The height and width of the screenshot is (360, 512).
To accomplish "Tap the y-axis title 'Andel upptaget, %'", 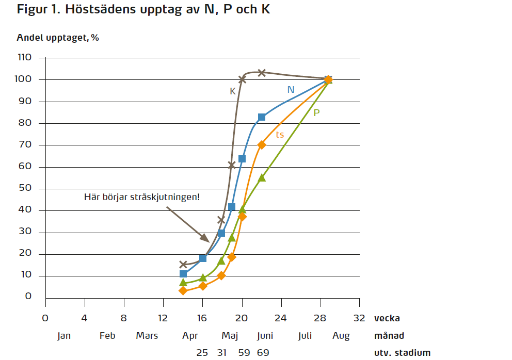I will (58, 38).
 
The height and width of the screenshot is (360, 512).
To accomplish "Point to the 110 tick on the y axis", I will (24, 58).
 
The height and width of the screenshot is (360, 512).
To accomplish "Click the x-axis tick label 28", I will (321, 317).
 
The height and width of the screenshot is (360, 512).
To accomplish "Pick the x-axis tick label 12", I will (163, 317).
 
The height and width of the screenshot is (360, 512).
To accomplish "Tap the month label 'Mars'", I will (147, 336).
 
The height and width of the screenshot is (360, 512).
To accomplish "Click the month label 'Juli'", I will (305, 336).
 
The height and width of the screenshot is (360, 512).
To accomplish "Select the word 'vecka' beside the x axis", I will (387, 318).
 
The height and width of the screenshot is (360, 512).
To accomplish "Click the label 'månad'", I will (389, 336).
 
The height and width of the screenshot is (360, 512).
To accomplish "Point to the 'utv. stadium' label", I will (402, 353).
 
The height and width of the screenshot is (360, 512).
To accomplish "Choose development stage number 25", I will (202, 353).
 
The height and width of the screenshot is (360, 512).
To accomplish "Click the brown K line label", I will (233, 91).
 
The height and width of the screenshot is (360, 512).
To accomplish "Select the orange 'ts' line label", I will (280, 135).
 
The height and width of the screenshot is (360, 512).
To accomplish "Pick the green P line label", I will (316, 112).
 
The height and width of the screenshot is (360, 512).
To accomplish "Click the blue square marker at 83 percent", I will (262, 117).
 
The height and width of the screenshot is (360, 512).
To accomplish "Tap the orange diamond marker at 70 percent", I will (262, 145).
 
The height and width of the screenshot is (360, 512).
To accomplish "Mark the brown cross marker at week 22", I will (262, 73).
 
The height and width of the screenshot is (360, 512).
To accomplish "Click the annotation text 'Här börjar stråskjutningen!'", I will (141, 197).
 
